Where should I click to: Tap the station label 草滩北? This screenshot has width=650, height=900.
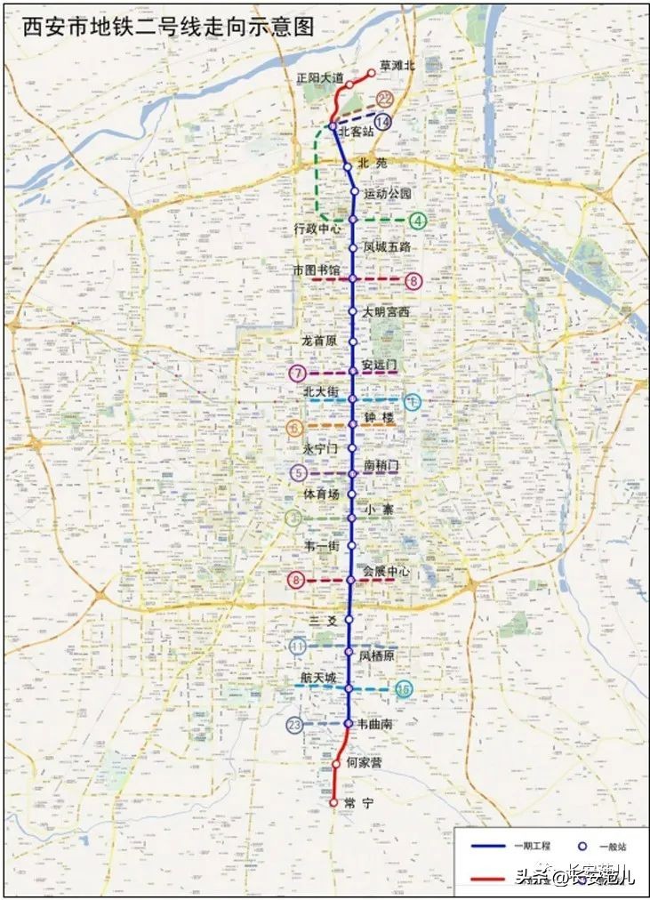(x=397, y=66)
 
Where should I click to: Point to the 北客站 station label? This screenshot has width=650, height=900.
(x=357, y=132)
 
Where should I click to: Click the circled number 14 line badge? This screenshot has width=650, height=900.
(x=383, y=122)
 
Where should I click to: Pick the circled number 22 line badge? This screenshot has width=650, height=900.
(x=384, y=99)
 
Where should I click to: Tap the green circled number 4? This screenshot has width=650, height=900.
(x=417, y=221)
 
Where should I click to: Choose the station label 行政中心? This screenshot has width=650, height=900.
(x=317, y=229)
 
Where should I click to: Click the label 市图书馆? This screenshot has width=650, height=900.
(x=317, y=269)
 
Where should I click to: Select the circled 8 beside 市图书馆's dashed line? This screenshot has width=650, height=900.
(x=413, y=281)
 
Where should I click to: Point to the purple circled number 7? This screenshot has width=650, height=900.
(x=298, y=373)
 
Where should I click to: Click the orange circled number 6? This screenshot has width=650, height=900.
(x=296, y=428)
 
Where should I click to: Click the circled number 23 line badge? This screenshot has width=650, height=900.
(x=295, y=725)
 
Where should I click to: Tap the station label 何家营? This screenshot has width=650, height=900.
(x=365, y=763)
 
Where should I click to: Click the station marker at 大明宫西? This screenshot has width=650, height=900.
(x=352, y=312)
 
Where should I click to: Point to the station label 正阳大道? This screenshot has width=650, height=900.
(x=320, y=78)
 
